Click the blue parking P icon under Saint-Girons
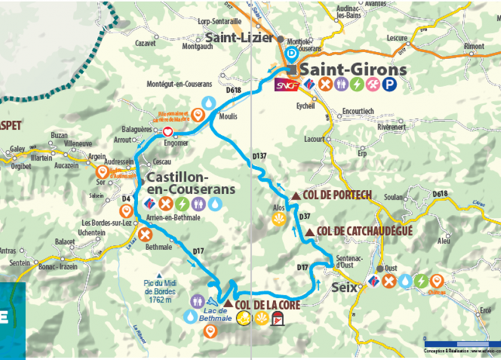[389, 84]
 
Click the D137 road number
[259, 156]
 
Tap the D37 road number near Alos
[305, 217]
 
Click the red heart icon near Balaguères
[168, 132]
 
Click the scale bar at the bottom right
[457, 343]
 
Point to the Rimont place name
[474, 46]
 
